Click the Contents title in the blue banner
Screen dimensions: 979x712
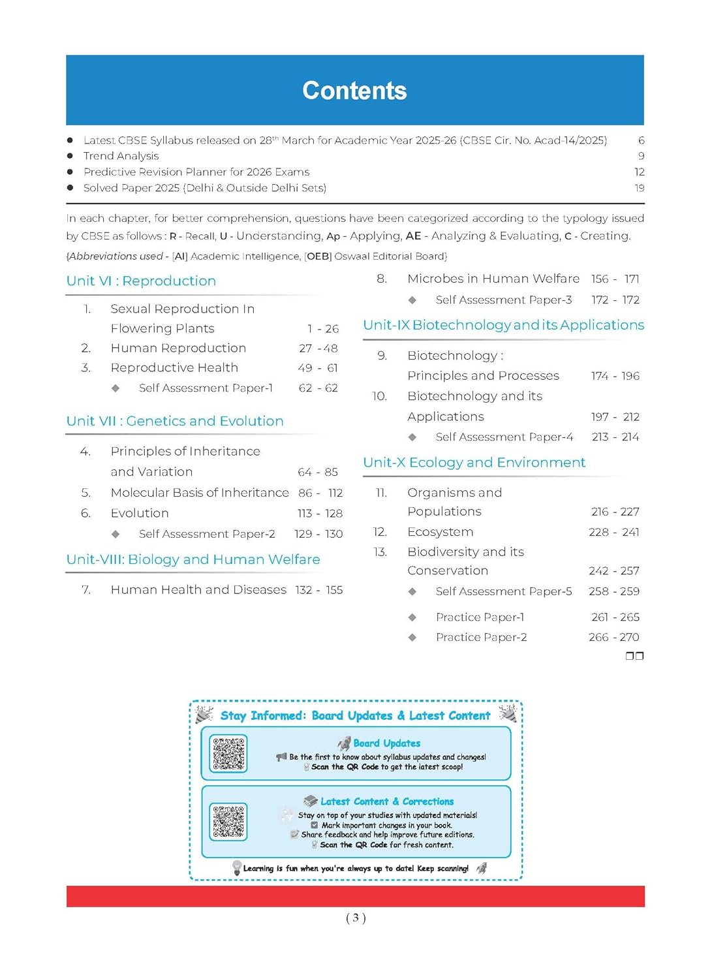click(x=354, y=91)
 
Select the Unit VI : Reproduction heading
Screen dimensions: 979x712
click(x=141, y=281)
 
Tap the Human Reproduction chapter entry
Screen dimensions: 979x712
click(x=178, y=349)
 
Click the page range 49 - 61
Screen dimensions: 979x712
click(x=318, y=368)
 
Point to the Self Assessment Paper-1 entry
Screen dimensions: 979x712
click(x=206, y=388)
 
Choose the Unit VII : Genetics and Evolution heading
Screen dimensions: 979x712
click(x=175, y=422)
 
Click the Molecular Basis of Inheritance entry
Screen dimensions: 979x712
click(x=200, y=493)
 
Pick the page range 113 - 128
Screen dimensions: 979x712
click(x=320, y=514)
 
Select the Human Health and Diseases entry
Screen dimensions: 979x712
click(x=198, y=590)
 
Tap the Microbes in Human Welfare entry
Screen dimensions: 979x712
click(x=493, y=279)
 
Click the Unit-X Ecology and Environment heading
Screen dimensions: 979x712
click(x=474, y=463)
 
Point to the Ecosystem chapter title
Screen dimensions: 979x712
click(x=441, y=532)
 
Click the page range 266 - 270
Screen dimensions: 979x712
click(x=613, y=638)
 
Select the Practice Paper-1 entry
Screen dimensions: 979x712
click(x=480, y=617)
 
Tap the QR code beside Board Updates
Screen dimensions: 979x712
click(x=228, y=754)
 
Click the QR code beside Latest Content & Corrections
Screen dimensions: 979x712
click(x=228, y=822)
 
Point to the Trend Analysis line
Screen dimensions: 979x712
click(x=121, y=156)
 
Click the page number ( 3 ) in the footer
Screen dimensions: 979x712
click(x=356, y=918)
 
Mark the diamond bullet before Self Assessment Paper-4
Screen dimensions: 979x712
click(x=412, y=437)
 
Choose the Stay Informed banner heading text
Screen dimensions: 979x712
click(x=355, y=716)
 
